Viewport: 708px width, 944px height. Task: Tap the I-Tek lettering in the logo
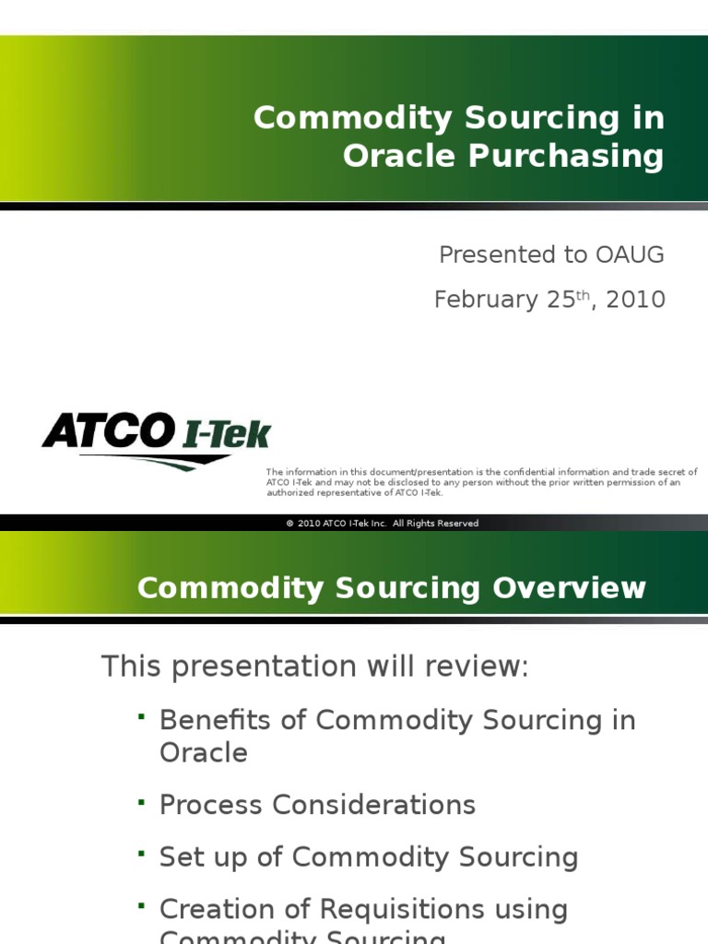[x=224, y=433]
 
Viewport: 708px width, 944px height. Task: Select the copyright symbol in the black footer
[x=289, y=524]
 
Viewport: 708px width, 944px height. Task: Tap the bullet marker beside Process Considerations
[x=142, y=802]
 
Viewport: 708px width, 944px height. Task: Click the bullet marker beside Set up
[x=142, y=855]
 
